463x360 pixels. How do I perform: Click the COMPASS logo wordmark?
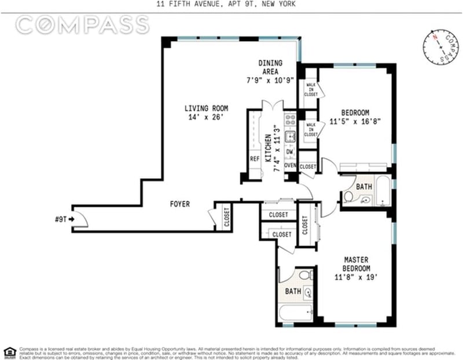[82, 25]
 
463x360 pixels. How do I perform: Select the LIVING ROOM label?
[206, 108]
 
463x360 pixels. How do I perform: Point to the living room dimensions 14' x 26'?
[206, 117]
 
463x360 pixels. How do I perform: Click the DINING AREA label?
[270, 67]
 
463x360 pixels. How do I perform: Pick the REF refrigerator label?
[255, 159]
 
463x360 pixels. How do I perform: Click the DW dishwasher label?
[290, 152]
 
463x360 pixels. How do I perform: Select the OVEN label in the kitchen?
[290, 166]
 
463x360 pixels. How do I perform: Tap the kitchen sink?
[291, 137]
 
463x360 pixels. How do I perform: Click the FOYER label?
[180, 204]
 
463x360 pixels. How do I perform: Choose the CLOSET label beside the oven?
[308, 167]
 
